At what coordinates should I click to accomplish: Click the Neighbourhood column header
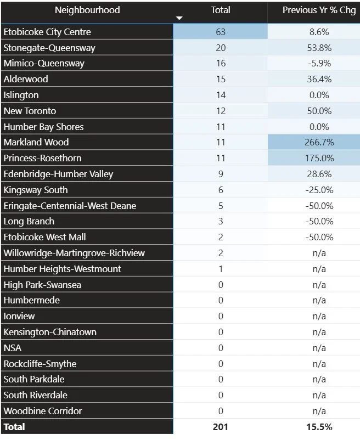click(87, 10)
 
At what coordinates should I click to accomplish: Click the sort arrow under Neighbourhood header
click(178, 19)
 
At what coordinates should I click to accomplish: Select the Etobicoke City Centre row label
click(47, 32)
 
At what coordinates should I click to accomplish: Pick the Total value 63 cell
click(221, 32)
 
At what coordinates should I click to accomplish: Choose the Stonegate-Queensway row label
click(49, 48)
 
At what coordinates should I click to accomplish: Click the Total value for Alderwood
click(221, 79)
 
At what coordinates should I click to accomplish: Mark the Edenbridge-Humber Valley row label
click(58, 174)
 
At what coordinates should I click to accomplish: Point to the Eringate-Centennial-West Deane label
click(70, 206)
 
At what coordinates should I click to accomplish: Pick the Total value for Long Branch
click(221, 221)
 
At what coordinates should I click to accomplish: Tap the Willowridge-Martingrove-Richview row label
click(74, 253)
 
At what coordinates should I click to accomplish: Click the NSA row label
click(13, 348)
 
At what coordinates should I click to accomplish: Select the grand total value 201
click(221, 427)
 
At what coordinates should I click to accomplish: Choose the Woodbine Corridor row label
click(43, 411)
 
